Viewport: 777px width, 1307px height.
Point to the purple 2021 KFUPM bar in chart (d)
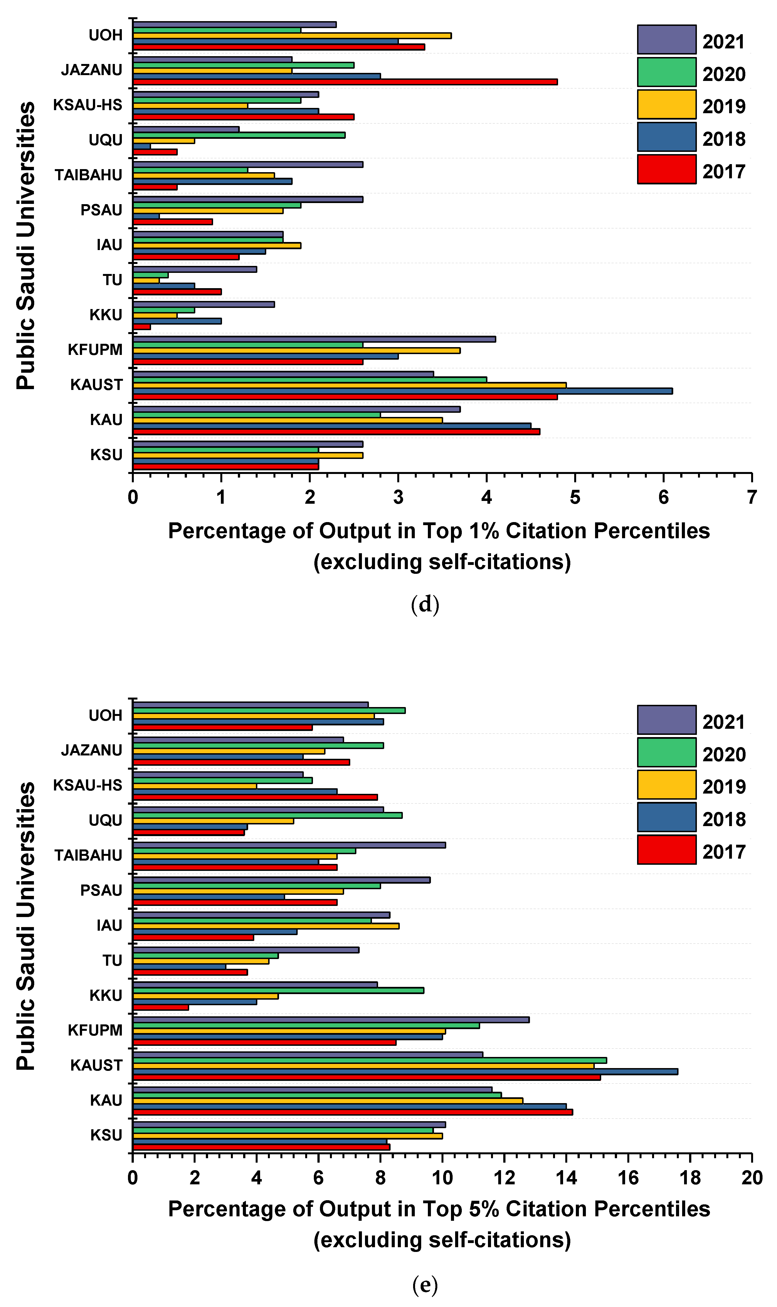[x=314, y=339]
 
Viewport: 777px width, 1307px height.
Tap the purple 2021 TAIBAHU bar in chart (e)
[x=289, y=845]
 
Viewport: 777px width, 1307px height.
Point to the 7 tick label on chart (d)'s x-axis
[x=751, y=497]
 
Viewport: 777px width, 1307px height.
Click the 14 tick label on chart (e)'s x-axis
[x=566, y=1178]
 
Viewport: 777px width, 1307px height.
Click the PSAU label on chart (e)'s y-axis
[x=101, y=890]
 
